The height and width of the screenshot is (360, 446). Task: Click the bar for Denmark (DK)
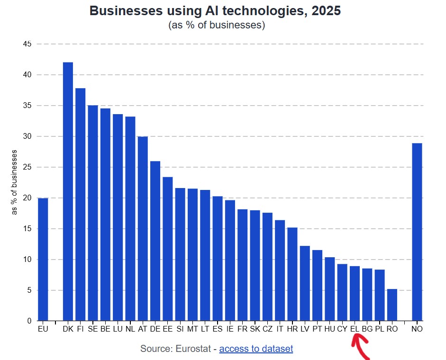(x=68, y=191)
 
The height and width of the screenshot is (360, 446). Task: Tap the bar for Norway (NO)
(x=417, y=232)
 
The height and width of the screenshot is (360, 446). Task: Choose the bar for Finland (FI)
(x=80, y=204)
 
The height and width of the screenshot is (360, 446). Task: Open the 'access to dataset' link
(x=256, y=349)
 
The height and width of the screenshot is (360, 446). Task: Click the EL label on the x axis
(x=355, y=328)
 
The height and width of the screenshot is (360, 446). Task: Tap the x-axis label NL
(x=130, y=328)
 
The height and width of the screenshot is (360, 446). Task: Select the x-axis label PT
(x=317, y=328)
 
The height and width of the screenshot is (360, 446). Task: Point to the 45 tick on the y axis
(x=27, y=44)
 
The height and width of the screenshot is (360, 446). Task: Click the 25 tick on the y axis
(x=27, y=167)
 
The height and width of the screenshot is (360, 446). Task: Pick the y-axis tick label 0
(x=29, y=321)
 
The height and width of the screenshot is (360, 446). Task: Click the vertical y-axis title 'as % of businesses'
(x=15, y=182)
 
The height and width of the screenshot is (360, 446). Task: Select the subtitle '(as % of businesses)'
(x=216, y=25)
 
